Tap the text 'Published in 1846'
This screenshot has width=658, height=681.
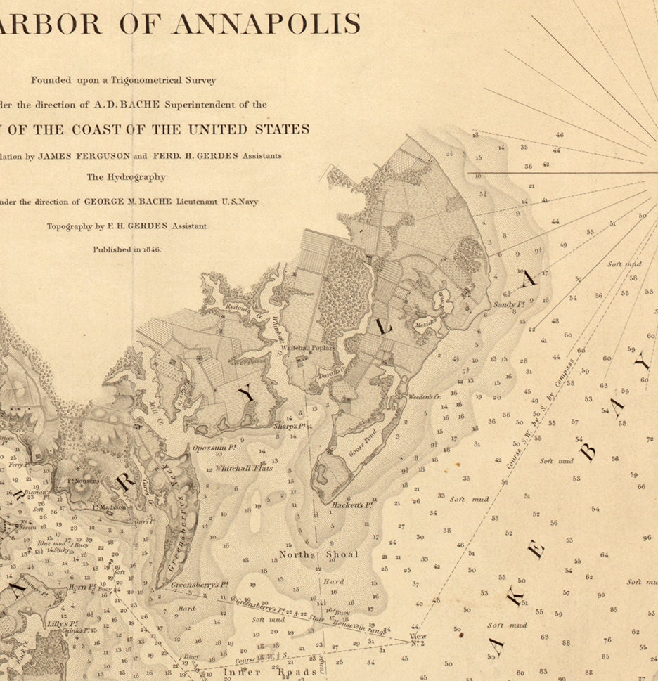127,249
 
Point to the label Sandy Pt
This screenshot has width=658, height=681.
510,304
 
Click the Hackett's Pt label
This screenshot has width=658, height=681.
352,505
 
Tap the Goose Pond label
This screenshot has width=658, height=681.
363,443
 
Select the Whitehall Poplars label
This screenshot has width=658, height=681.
308,348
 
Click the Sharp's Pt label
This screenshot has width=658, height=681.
289,426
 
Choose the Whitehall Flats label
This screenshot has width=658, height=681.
244,468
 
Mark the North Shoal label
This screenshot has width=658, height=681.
318,554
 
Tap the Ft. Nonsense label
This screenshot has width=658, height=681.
85,481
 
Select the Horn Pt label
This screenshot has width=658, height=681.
82,586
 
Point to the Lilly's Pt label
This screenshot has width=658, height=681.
64,623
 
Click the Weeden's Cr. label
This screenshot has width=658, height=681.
424,397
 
